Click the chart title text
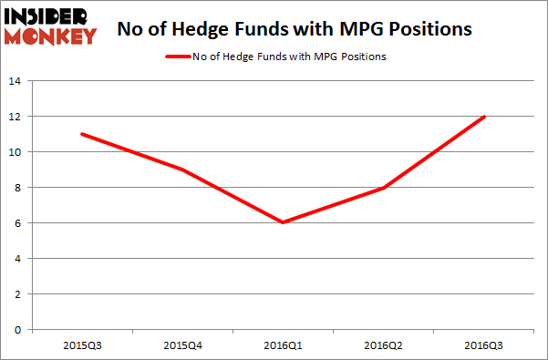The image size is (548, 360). coord(295,28)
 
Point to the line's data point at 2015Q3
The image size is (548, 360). coord(83,134)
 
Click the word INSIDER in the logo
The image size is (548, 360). coord(49,16)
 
